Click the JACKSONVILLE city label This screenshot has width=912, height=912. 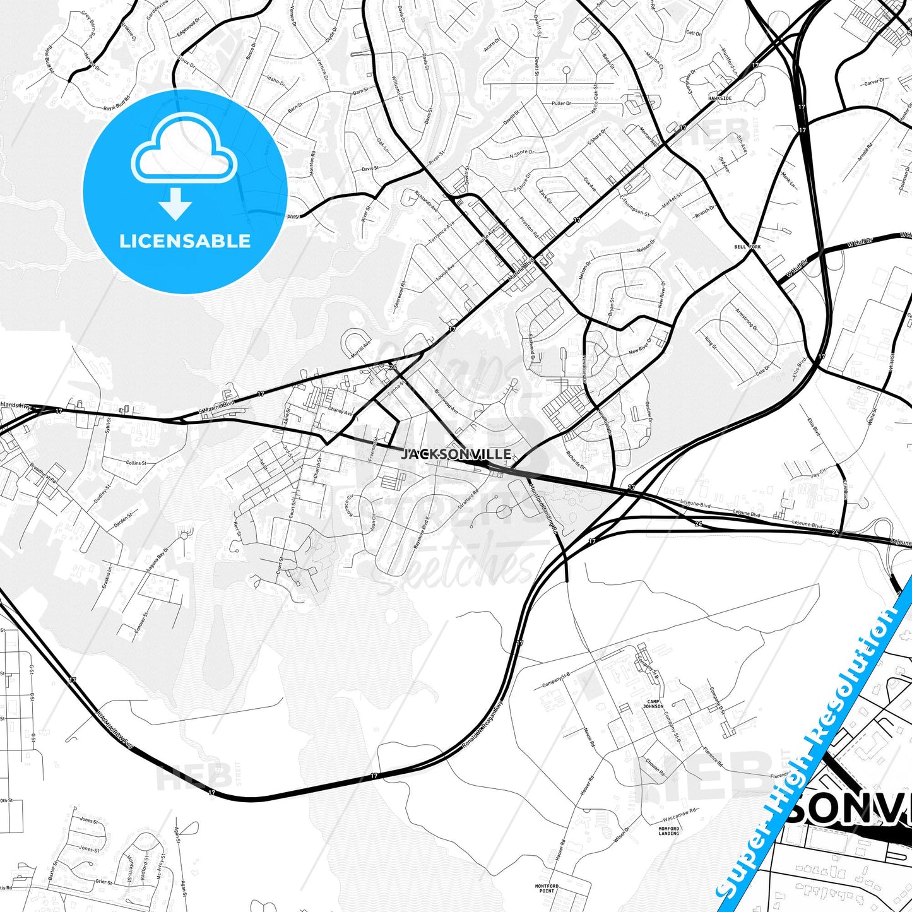point(456,454)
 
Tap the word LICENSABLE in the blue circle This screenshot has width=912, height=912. point(185,241)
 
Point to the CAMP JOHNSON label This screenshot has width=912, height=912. point(653,704)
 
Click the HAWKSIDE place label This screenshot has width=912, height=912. point(720,98)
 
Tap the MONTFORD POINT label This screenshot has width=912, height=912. point(547,888)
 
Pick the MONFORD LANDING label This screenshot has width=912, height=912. point(669,831)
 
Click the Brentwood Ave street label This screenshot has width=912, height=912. point(447,400)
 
